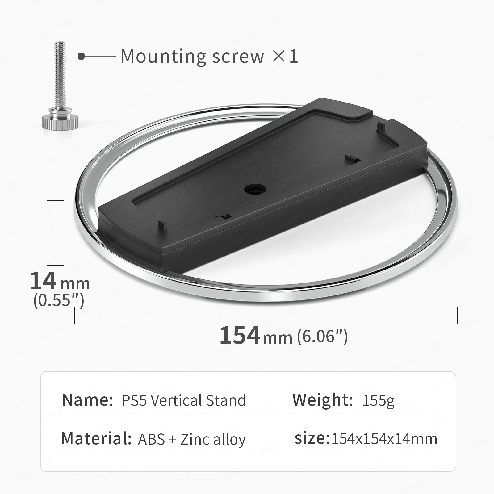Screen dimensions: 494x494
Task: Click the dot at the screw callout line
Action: [81, 57]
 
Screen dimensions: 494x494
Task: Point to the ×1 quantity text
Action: [285, 57]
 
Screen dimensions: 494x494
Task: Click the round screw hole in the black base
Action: [255, 189]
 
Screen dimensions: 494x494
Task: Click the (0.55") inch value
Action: [59, 300]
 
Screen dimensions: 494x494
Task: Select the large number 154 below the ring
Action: [240, 336]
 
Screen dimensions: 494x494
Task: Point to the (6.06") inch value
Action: [322, 336]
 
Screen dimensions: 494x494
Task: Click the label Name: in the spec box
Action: [87, 400]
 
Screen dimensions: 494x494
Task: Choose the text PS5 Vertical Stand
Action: [183, 400]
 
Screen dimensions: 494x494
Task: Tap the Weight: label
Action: [322, 400]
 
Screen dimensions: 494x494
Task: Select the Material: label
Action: [96, 438]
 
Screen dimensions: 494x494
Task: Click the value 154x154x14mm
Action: [384, 439]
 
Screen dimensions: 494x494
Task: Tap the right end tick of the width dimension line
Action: [457, 315]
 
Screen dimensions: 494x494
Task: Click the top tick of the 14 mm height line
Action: [55, 201]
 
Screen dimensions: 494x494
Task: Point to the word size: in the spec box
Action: [312, 438]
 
